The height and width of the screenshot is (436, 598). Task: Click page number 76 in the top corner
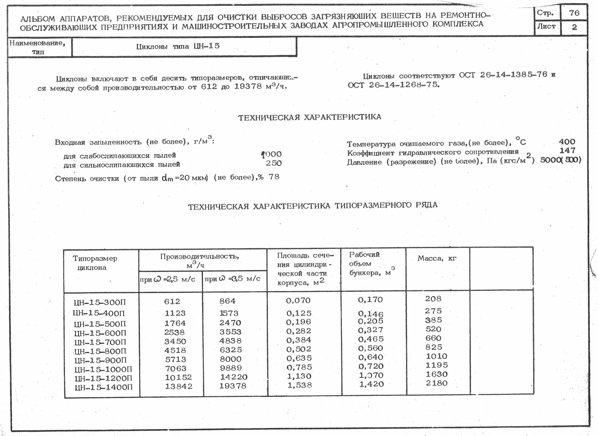point(574,13)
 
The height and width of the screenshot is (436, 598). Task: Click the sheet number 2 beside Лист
point(574,27)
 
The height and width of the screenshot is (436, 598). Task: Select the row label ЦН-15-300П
point(100,302)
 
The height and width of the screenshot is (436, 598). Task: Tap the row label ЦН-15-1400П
point(104,387)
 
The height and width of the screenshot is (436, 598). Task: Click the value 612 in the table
point(172,301)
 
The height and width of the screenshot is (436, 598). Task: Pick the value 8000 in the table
point(231,359)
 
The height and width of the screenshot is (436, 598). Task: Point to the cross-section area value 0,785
point(299,367)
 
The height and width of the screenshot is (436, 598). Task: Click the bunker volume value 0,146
point(371,314)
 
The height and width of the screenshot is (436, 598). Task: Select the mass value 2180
point(436,383)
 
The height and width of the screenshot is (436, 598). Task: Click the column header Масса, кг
point(437,258)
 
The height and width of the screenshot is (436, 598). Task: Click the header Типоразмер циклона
point(94,263)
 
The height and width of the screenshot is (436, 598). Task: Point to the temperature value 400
point(567,142)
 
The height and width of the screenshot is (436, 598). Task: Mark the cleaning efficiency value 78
point(274,177)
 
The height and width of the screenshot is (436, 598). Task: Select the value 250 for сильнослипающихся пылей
point(274,163)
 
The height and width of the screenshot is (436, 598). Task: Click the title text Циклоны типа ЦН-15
point(178,47)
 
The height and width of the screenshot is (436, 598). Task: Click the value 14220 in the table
point(234,377)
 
